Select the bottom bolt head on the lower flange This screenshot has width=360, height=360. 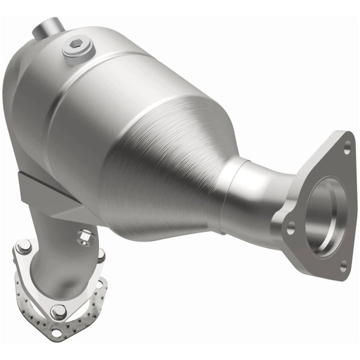click(58, 311)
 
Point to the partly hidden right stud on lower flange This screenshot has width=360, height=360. click(101, 255)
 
